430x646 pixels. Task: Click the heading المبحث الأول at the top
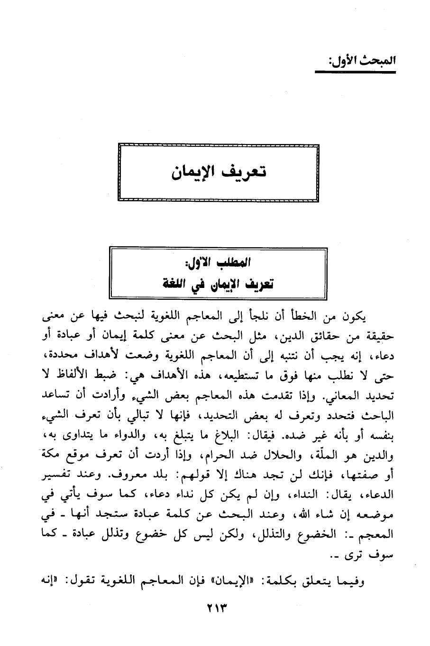point(355,61)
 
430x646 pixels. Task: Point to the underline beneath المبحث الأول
point(355,72)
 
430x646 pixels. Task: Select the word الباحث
point(381,415)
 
